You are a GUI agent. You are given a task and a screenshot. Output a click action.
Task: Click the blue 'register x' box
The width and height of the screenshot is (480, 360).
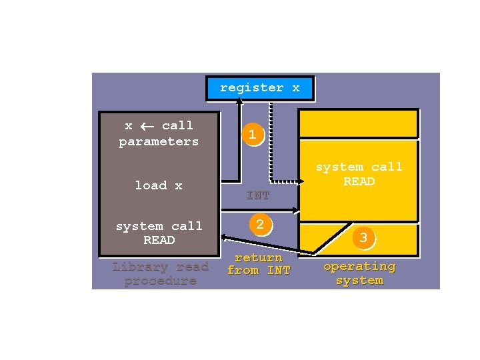(259, 88)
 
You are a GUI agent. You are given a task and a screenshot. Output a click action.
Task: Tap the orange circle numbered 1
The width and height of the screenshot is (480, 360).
(251, 135)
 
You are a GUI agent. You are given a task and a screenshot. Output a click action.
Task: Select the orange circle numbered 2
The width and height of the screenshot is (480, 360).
(260, 225)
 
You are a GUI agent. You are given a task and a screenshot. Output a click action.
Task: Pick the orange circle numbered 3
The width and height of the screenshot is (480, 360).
(363, 237)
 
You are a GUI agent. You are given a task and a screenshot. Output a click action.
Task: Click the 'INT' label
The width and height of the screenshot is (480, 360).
(258, 195)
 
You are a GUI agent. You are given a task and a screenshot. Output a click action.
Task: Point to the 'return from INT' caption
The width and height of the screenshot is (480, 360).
(259, 264)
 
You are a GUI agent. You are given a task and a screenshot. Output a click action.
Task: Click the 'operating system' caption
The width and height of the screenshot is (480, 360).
(359, 273)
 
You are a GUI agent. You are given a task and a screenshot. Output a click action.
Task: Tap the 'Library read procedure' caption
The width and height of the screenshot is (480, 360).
(160, 273)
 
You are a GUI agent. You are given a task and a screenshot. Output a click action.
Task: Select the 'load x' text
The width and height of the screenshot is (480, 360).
(159, 185)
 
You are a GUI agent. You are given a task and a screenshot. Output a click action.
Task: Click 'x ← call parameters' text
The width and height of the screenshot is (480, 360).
(159, 133)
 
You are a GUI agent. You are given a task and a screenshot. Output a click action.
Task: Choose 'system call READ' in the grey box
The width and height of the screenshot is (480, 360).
(159, 233)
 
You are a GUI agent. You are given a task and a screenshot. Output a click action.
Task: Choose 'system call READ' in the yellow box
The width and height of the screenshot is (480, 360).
(359, 174)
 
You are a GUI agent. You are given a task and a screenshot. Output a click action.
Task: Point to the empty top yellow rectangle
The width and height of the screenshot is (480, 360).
(358, 124)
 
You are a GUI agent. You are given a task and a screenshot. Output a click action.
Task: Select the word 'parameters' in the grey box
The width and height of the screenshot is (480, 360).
(159, 141)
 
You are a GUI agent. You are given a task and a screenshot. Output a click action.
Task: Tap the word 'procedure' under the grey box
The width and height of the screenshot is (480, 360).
(160, 281)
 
